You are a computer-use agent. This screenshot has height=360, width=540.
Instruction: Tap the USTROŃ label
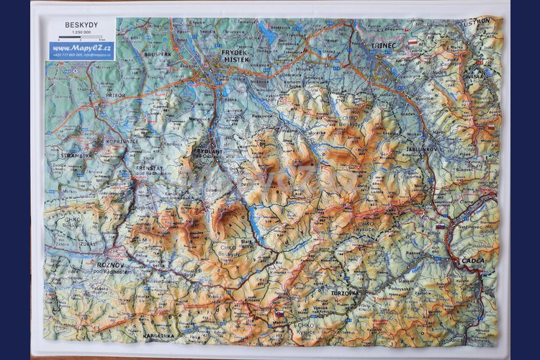pyautogui.click(x=476, y=21)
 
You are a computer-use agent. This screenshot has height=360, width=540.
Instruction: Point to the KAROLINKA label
pyautogui.click(x=158, y=336)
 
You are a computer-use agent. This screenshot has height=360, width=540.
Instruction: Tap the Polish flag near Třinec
pyautogui.click(x=413, y=43)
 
